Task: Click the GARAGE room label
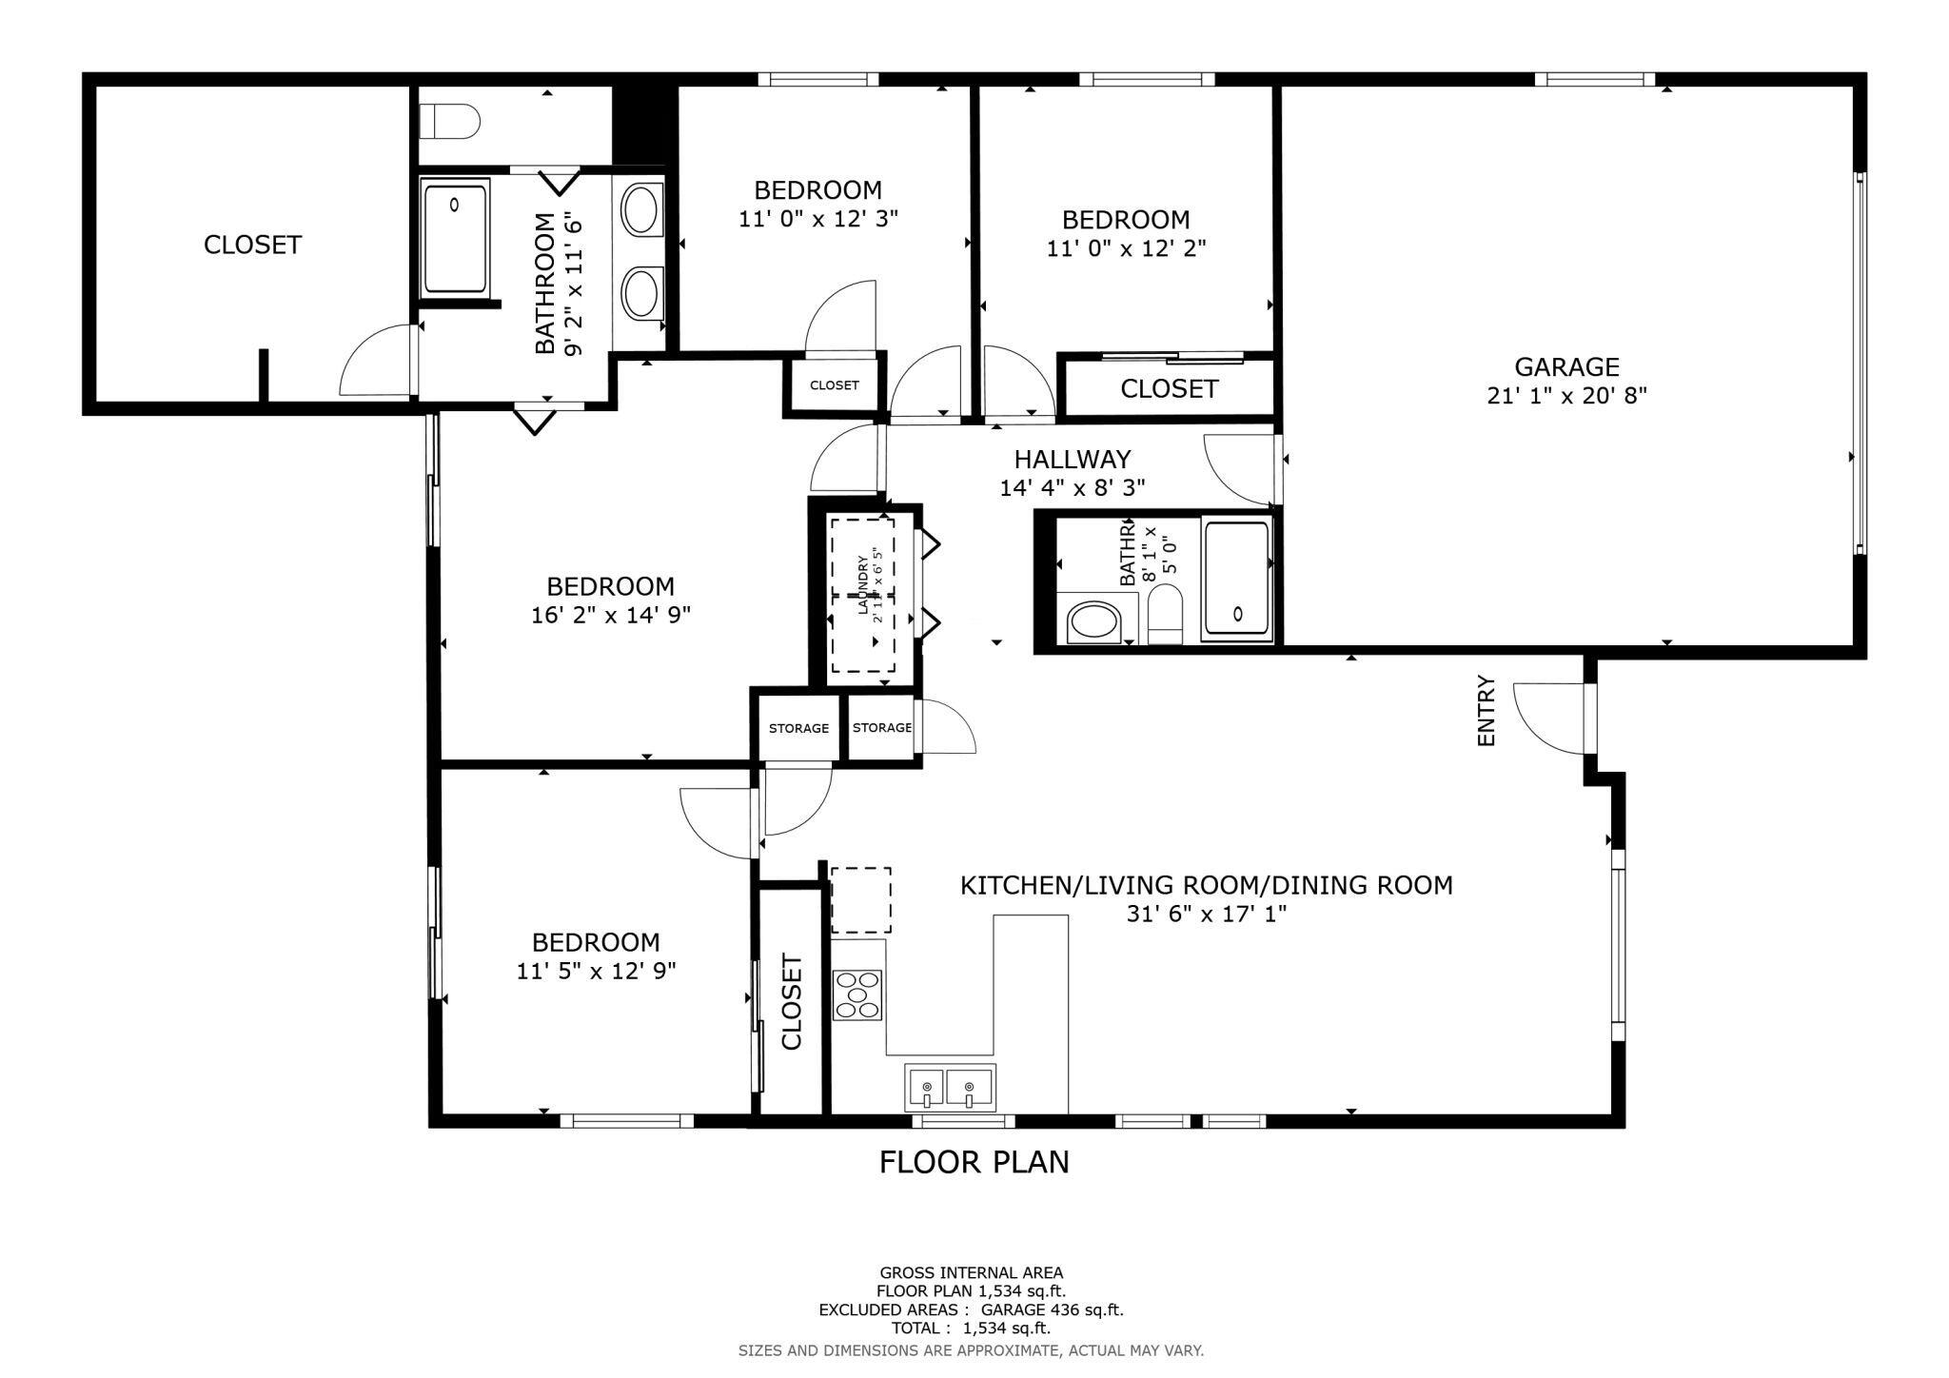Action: click(x=1566, y=366)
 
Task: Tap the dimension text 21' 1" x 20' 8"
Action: click(x=1566, y=395)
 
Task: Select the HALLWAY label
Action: click(x=1072, y=460)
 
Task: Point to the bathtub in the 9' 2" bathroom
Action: click(x=455, y=239)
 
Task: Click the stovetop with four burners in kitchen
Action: click(x=857, y=995)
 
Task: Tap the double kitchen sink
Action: click(x=950, y=1087)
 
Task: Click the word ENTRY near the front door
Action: click(x=1486, y=711)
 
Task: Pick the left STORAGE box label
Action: click(x=798, y=728)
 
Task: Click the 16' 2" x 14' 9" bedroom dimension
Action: click(x=610, y=615)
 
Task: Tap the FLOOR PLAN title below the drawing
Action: click(x=974, y=1162)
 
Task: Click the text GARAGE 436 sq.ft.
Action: click(x=1052, y=1310)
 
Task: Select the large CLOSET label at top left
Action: click(x=252, y=245)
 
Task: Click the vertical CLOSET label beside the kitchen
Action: click(x=792, y=1001)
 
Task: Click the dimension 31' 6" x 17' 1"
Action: click(x=1207, y=914)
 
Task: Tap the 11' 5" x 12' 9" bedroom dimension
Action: click(x=596, y=971)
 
